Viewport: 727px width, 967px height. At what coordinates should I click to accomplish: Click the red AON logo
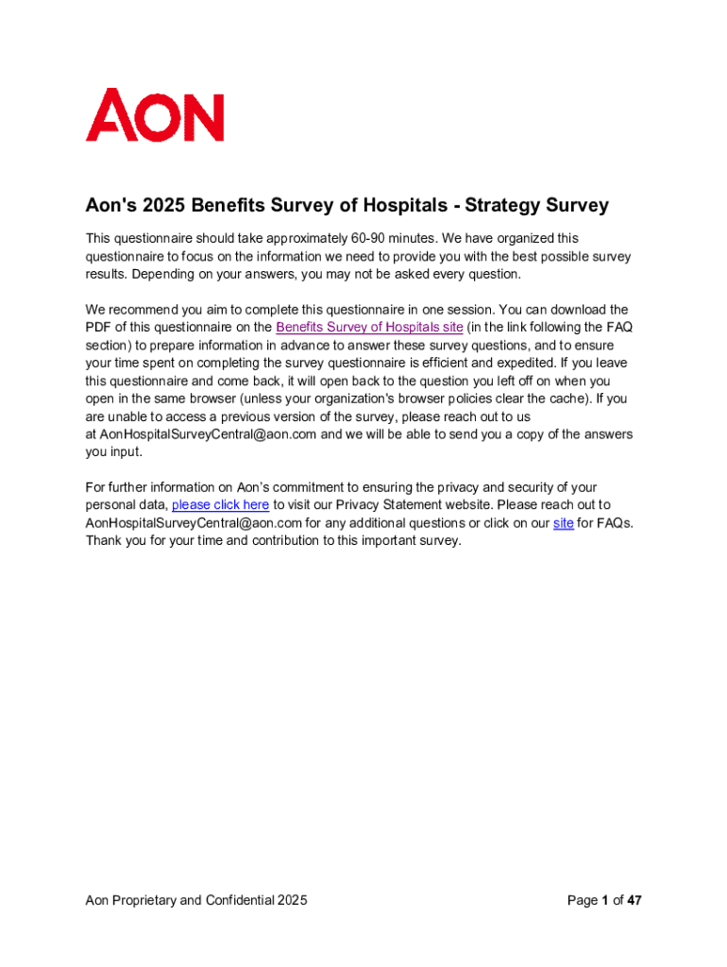(x=155, y=115)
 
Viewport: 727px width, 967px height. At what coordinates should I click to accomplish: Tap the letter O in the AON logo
(x=156, y=115)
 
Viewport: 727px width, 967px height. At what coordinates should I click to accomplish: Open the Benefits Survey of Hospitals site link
(x=369, y=328)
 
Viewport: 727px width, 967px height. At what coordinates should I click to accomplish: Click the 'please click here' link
(x=220, y=505)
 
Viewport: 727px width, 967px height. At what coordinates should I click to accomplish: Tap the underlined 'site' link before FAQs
(x=564, y=523)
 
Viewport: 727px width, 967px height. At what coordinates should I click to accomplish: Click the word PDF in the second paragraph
(x=99, y=328)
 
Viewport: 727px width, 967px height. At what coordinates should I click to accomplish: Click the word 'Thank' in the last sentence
(x=105, y=541)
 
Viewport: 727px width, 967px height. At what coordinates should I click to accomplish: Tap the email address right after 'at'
(x=209, y=434)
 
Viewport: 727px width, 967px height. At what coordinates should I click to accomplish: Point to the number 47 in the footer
(x=634, y=901)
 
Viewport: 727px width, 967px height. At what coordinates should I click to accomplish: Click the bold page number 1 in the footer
(x=604, y=901)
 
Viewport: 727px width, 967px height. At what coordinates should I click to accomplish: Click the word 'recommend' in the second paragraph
(x=150, y=310)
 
